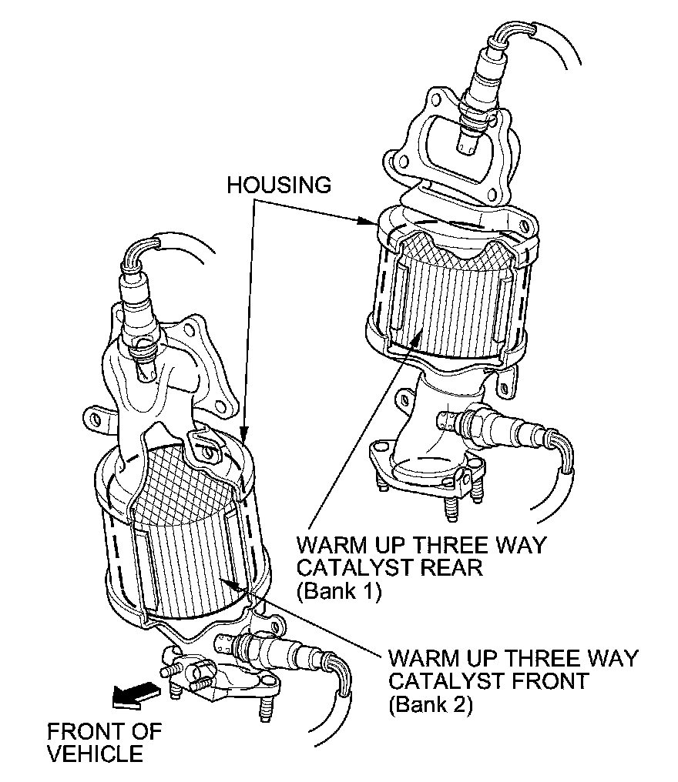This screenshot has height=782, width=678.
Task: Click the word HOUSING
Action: click(x=279, y=185)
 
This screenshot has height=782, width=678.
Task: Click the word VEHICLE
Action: click(x=95, y=753)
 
